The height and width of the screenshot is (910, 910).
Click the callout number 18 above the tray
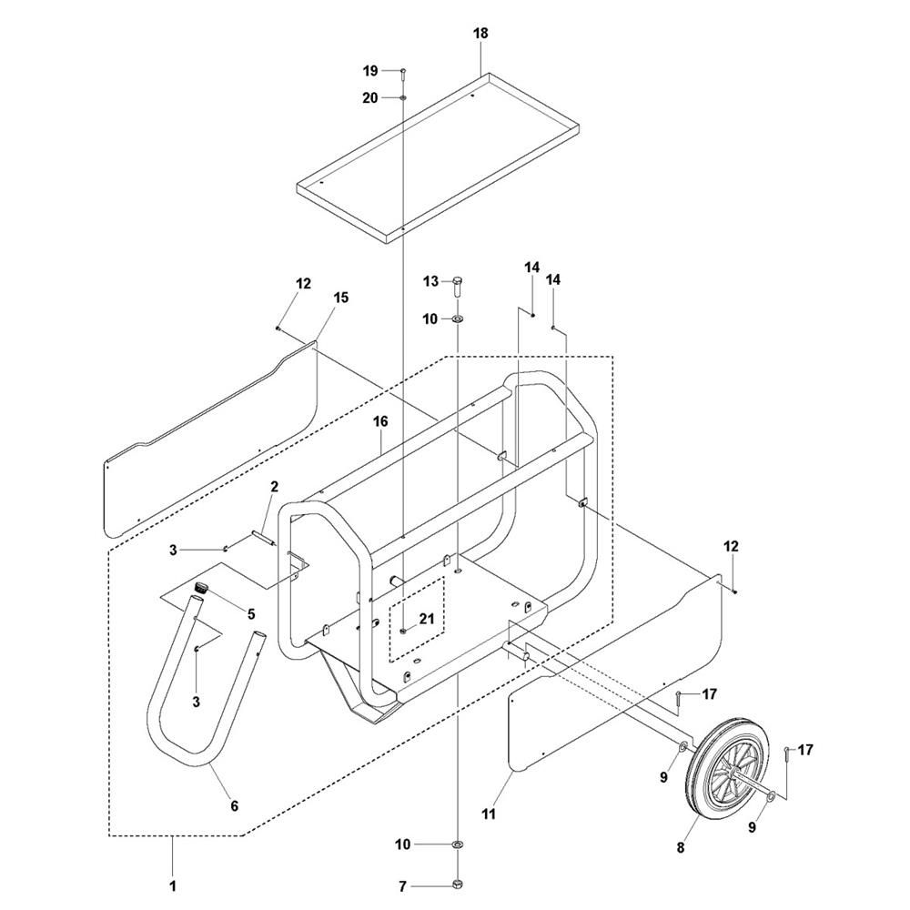[x=480, y=33]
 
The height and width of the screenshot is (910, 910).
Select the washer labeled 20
[x=403, y=97]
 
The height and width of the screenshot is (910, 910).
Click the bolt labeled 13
[x=458, y=285]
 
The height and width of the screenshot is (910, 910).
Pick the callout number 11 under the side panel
[x=490, y=814]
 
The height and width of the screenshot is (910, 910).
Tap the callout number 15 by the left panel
[x=341, y=298]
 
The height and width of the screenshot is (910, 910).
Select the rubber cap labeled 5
[x=201, y=585]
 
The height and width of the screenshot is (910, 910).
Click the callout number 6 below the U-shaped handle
[x=235, y=805]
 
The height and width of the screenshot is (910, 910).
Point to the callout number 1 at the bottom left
[x=172, y=886]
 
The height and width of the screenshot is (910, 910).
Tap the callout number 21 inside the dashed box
[x=427, y=619]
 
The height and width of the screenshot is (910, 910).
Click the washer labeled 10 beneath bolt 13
[x=458, y=318]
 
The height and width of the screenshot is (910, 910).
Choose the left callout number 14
[x=531, y=267]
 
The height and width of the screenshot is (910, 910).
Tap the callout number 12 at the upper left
[x=303, y=283]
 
